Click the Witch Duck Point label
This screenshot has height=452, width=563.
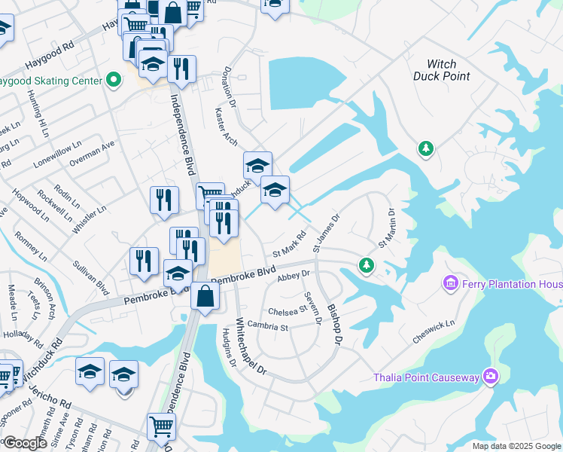click(x=442, y=70)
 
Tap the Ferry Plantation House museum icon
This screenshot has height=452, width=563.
click(x=452, y=283)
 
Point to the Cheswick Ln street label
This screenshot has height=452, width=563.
click(x=434, y=333)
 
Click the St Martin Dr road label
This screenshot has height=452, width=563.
click(x=387, y=228)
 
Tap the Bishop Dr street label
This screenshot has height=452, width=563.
click(x=335, y=325)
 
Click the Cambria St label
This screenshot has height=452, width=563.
click(x=269, y=327)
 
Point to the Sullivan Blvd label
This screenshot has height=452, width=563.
click(x=91, y=277)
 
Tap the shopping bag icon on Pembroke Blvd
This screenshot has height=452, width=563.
click(x=205, y=295)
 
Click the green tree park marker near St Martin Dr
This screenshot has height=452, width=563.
click(x=366, y=264)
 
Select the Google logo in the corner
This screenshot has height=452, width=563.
click(x=25, y=443)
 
